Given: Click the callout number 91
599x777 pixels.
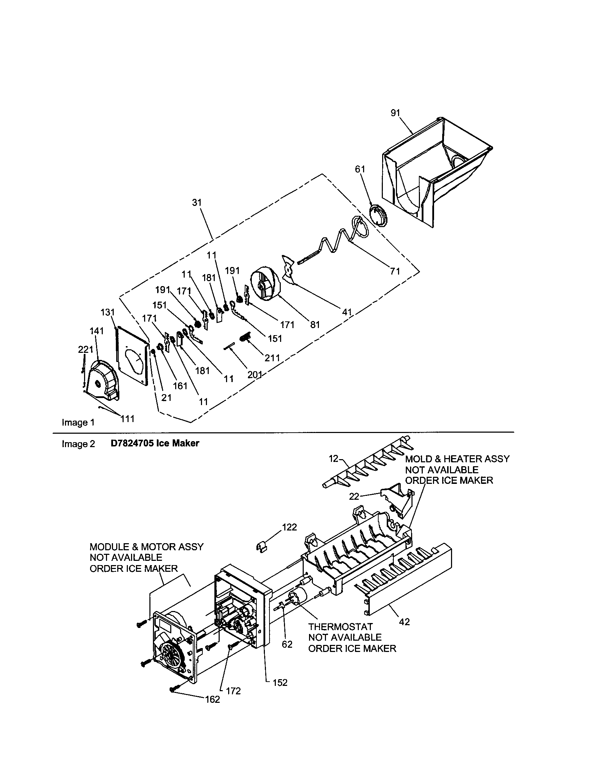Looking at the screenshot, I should (x=395, y=113).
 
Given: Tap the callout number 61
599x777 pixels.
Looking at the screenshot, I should (x=360, y=169).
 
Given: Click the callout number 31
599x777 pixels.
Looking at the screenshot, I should (x=197, y=202).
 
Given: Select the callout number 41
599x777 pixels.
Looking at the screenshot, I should (x=346, y=312).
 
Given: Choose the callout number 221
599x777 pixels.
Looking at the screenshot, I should (x=85, y=349).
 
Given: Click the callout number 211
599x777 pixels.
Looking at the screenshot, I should (x=272, y=357).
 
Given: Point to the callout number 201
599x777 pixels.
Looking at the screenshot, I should (x=255, y=375).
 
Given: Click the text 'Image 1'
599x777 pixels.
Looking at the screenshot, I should (x=78, y=422).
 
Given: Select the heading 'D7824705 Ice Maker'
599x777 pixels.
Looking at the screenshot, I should (x=155, y=443).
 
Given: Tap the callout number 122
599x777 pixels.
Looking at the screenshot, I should (x=289, y=527).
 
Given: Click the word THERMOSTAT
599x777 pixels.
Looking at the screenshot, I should (x=340, y=627).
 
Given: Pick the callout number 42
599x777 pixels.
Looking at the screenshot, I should (x=404, y=622).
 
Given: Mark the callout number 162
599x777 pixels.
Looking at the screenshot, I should (x=212, y=699).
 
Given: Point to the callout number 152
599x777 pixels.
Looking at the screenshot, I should (x=280, y=683).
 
